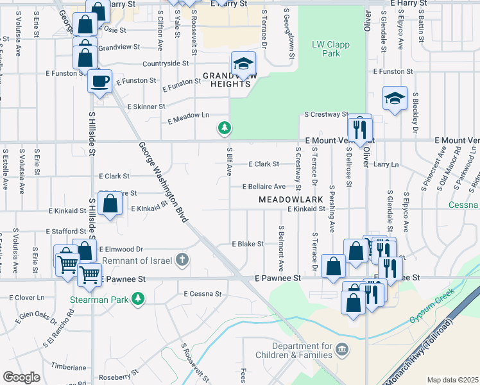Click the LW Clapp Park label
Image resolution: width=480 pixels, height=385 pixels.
(x=325, y=49)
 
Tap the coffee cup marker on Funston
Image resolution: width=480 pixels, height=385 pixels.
(x=99, y=81)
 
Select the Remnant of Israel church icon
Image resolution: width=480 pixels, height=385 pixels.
(x=183, y=260)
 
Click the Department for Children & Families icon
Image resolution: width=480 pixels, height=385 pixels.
(x=343, y=350)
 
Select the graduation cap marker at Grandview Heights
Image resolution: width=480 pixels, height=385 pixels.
(x=243, y=64)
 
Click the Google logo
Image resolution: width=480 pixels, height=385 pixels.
(x=21, y=377)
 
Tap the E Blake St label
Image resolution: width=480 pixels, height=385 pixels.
(x=247, y=244)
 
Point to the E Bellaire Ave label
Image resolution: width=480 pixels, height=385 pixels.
(x=263, y=186)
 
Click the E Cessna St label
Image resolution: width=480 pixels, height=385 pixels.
(x=201, y=294)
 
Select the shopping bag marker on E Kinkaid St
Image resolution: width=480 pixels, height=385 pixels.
(x=110, y=203)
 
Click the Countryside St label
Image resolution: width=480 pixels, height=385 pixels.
(x=165, y=64)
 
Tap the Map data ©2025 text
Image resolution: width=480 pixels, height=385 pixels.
(x=452, y=380)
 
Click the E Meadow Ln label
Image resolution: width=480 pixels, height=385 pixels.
(x=188, y=117)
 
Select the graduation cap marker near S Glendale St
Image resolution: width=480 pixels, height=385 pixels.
(x=395, y=98)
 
